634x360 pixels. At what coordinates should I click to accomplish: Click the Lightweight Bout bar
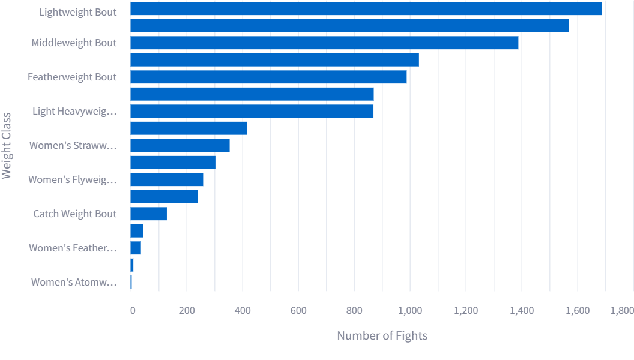click(x=366, y=8)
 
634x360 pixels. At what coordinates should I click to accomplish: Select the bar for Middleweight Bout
click(x=324, y=43)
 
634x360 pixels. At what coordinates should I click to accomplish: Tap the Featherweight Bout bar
click(x=268, y=77)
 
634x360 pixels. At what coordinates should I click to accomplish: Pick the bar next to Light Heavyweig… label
click(x=252, y=111)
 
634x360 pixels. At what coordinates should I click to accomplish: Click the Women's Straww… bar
click(x=180, y=145)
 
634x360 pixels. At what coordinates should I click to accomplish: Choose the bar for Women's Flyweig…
click(x=167, y=179)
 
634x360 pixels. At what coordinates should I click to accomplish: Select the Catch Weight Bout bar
click(x=148, y=214)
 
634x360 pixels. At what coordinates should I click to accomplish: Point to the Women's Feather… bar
click(x=136, y=248)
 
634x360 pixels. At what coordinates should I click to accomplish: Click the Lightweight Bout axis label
click(x=78, y=12)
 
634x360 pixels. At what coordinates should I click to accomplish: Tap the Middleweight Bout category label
click(x=74, y=43)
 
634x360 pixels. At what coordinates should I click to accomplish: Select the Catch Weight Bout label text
click(x=75, y=214)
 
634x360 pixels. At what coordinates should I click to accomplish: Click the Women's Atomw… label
click(x=74, y=282)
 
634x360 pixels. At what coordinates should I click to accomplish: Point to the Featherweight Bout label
click(x=72, y=77)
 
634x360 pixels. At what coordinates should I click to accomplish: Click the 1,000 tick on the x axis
click(x=410, y=310)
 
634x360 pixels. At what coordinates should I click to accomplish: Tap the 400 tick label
click(x=243, y=310)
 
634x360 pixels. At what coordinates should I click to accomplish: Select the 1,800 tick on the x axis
click(x=622, y=310)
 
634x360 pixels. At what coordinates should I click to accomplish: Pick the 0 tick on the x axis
click(x=132, y=310)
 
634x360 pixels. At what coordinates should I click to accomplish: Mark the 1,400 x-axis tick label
click(x=522, y=310)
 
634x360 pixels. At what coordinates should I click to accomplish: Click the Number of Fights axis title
click(x=382, y=335)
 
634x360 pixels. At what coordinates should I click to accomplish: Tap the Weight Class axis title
click(x=7, y=145)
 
